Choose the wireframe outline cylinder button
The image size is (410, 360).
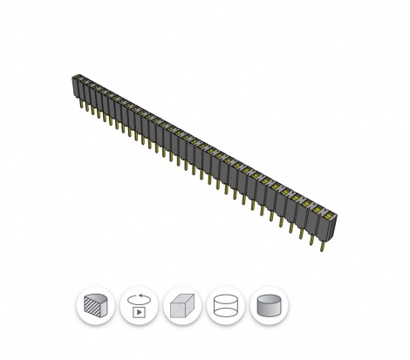225,307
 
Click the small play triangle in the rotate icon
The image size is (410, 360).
139,311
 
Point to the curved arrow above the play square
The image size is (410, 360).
138,298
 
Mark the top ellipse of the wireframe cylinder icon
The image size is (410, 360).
225,300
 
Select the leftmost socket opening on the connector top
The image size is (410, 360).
76,78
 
